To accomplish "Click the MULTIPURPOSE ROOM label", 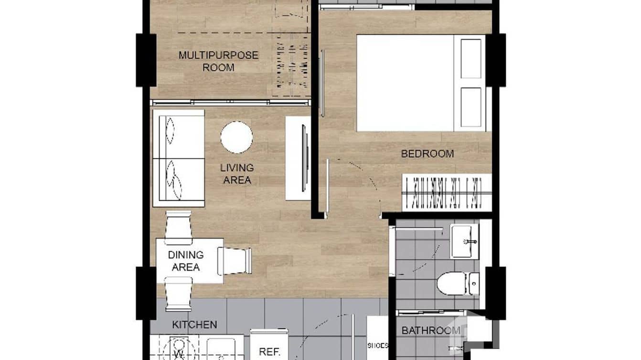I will tap(218, 61).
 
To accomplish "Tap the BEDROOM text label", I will tap(427, 154).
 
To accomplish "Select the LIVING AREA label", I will tap(237, 174).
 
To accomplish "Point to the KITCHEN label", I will tap(194, 325).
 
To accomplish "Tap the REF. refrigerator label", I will tap(268, 352).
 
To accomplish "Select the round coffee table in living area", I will tap(236, 138).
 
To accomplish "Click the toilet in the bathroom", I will tap(452, 283).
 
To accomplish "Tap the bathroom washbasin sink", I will tap(464, 241).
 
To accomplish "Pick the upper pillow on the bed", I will tap(470, 59).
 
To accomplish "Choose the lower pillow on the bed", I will tap(470, 107).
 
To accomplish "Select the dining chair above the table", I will tap(178, 227).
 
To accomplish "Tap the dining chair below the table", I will tap(178, 294).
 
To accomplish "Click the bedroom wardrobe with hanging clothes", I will tap(447, 192).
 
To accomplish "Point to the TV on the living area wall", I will tap(304, 158).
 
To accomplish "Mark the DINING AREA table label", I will tap(186, 261).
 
